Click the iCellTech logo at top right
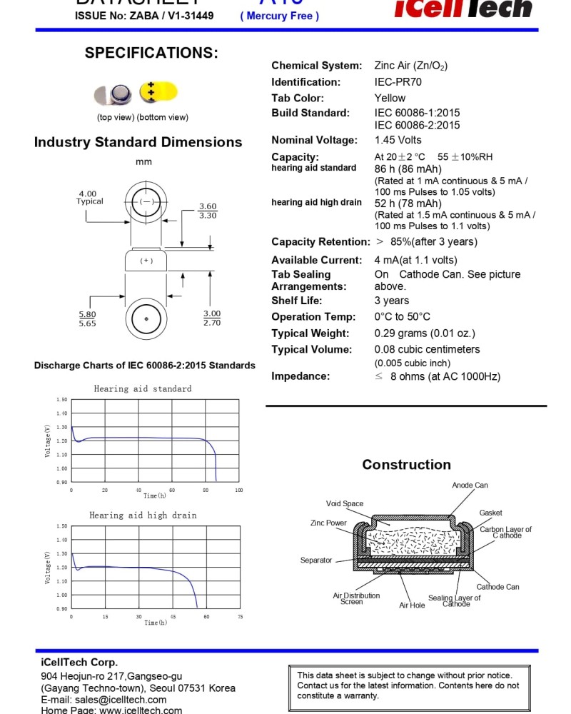pyautogui.click(x=463, y=9)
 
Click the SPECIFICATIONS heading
pyautogui.click(x=151, y=53)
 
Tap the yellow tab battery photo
pyautogui.click(x=158, y=91)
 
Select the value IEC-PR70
pyautogui.click(x=398, y=82)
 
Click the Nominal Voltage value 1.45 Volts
pyautogui.click(x=398, y=140)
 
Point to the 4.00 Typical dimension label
pyautogui.click(x=89, y=197)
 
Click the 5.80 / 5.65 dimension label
pyautogui.click(x=87, y=318)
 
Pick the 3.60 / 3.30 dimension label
pyautogui.click(x=208, y=211)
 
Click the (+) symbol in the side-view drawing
pyautogui.click(x=146, y=261)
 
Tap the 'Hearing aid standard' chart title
pyautogui.click(x=143, y=388)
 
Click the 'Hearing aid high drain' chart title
pyautogui.click(x=143, y=515)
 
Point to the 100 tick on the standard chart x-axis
pyautogui.click(x=238, y=491)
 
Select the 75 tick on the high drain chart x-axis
pyautogui.click(x=240, y=616)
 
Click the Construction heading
pyautogui.click(x=406, y=465)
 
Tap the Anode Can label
pyautogui.click(x=470, y=486)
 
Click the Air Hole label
pyautogui.click(x=412, y=605)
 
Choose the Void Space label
pyautogui.click(x=345, y=503)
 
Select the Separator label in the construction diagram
pyautogui.click(x=315, y=560)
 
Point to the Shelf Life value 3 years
pyautogui.click(x=392, y=301)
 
